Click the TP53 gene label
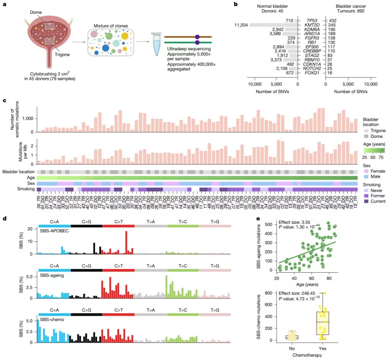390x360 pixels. tap(312, 21)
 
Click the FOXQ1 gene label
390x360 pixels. tap(312, 73)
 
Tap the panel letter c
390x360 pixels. tap(4, 101)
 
